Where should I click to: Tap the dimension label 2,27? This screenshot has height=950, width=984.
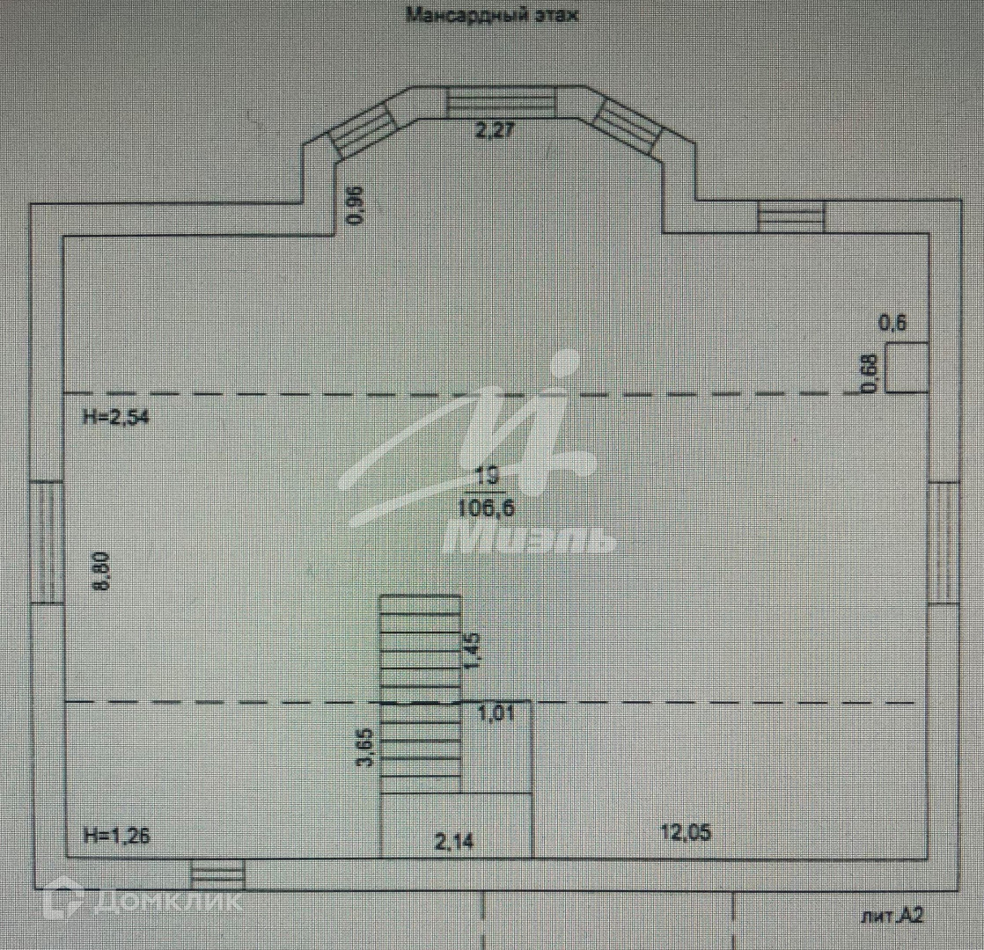tap(494, 131)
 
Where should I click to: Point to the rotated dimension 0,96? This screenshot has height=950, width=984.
tap(356, 206)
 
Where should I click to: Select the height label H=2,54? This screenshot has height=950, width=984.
tap(115, 418)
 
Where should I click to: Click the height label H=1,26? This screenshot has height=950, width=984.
tap(115, 836)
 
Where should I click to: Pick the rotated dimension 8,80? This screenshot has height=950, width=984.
tap(102, 571)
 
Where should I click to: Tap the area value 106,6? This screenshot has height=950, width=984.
tap(486, 506)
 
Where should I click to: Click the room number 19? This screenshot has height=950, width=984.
tap(486, 476)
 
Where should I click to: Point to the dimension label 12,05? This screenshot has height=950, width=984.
tap(687, 832)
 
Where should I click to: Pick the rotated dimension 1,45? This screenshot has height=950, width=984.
tap(474, 651)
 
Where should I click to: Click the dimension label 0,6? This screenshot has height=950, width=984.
tap(892, 323)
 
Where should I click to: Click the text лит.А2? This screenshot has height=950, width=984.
tap(892, 917)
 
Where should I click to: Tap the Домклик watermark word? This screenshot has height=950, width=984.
tap(164, 901)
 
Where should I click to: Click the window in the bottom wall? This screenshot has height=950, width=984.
tap(218, 874)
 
